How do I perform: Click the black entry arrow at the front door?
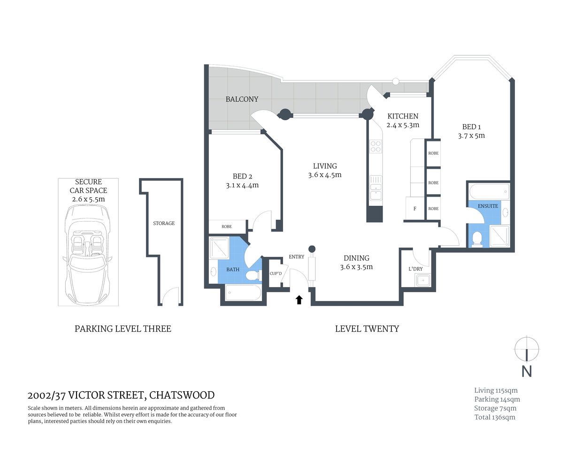pyautogui.click(x=299, y=300)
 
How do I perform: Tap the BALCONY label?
pyautogui.click(x=242, y=99)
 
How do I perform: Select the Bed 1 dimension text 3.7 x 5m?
pyautogui.click(x=471, y=136)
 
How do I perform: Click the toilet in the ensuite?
pyautogui.click(x=477, y=238)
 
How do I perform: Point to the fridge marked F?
pyautogui.click(x=414, y=209)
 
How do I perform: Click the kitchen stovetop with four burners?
pyautogui.click(x=376, y=147)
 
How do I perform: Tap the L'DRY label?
pyautogui.click(x=415, y=269)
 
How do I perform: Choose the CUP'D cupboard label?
pyautogui.click(x=276, y=273)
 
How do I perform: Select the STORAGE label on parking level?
pyautogui.click(x=164, y=223)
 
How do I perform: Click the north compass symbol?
pyautogui.click(x=527, y=350)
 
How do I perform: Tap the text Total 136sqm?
pyautogui.click(x=494, y=417)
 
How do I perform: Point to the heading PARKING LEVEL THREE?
pyautogui.click(x=123, y=329)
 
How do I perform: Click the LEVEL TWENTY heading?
pyautogui.click(x=367, y=329)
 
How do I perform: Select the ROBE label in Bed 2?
pyautogui.click(x=227, y=226)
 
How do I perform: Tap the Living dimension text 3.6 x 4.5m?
pyautogui.click(x=325, y=175)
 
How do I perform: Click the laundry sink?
pyautogui.click(x=423, y=280)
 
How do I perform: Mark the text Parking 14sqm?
pyautogui.click(x=497, y=399)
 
